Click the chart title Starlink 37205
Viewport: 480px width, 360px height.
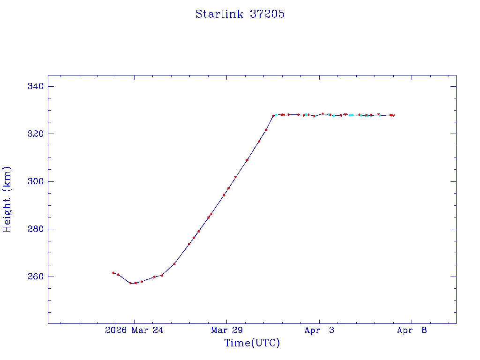click(240, 14)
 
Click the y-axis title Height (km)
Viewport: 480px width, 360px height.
click(7, 199)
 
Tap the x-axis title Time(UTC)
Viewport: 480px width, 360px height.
click(252, 343)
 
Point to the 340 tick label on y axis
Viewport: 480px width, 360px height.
click(36, 86)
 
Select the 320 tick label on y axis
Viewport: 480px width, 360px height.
click(36, 134)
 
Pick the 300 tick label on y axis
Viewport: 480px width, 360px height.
click(36, 181)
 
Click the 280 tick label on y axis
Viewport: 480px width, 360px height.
click(36, 229)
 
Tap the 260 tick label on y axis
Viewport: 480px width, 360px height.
click(36, 277)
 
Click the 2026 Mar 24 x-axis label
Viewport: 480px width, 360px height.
click(134, 330)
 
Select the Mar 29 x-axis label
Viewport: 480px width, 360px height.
click(226, 330)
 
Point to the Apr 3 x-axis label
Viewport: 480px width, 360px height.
click(319, 330)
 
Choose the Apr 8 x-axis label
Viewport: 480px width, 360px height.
click(412, 330)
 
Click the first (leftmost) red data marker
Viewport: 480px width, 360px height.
click(113, 273)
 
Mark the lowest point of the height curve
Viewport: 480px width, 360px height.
click(131, 283)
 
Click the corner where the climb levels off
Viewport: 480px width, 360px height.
click(273, 115)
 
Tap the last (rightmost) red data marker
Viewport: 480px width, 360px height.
click(393, 115)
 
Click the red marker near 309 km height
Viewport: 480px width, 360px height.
click(247, 160)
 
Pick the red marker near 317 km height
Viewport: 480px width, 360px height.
click(259, 141)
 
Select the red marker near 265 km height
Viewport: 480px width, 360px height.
click(174, 264)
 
